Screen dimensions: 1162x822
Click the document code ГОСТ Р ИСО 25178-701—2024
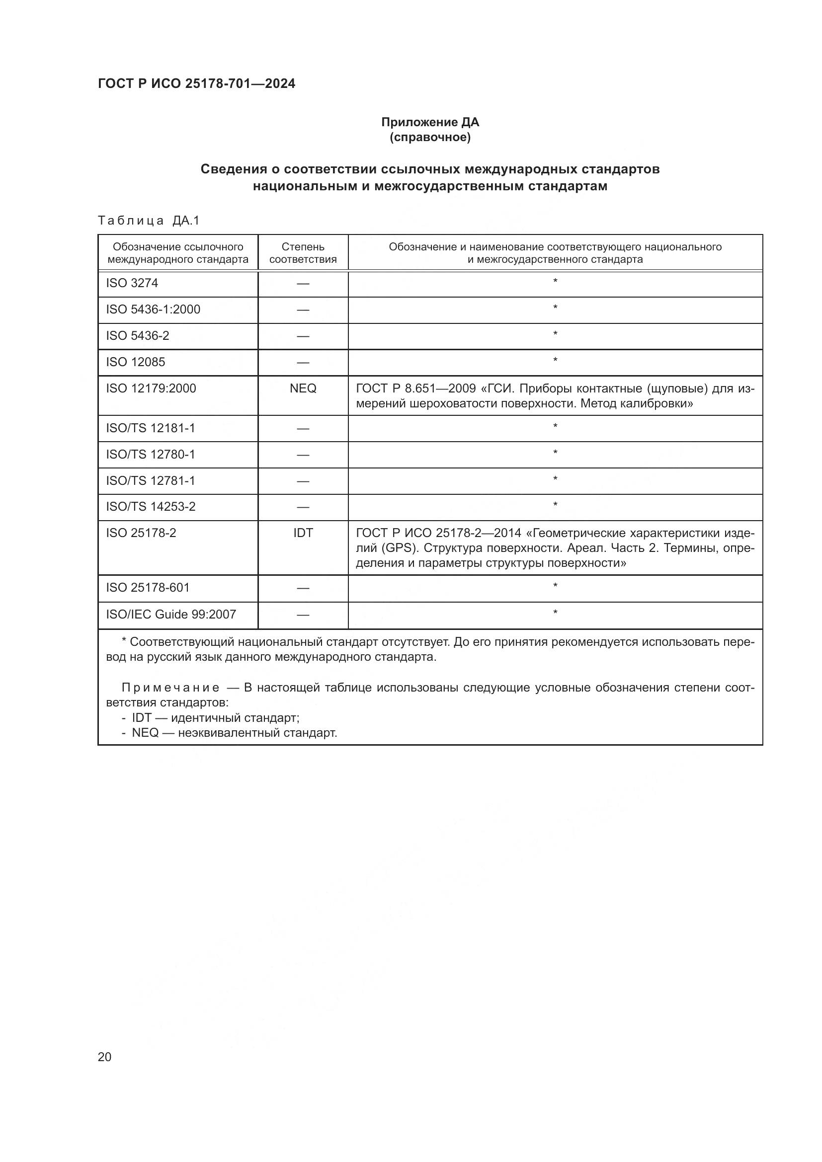tap(196, 83)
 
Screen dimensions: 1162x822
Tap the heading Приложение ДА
tap(430, 122)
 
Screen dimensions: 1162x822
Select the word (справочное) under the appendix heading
tap(430, 138)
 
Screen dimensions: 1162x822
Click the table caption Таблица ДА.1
tap(149, 221)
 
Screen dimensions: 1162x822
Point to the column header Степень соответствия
tap(303, 253)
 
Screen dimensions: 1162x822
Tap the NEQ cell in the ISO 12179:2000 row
tap(303, 388)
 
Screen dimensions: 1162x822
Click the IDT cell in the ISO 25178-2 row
tap(303, 533)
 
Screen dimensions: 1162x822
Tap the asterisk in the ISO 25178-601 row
tap(555, 587)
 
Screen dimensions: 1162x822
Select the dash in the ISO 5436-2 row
tap(303, 336)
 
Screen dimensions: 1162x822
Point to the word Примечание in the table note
tap(170, 688)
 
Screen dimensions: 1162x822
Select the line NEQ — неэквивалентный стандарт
tap(234, 733)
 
